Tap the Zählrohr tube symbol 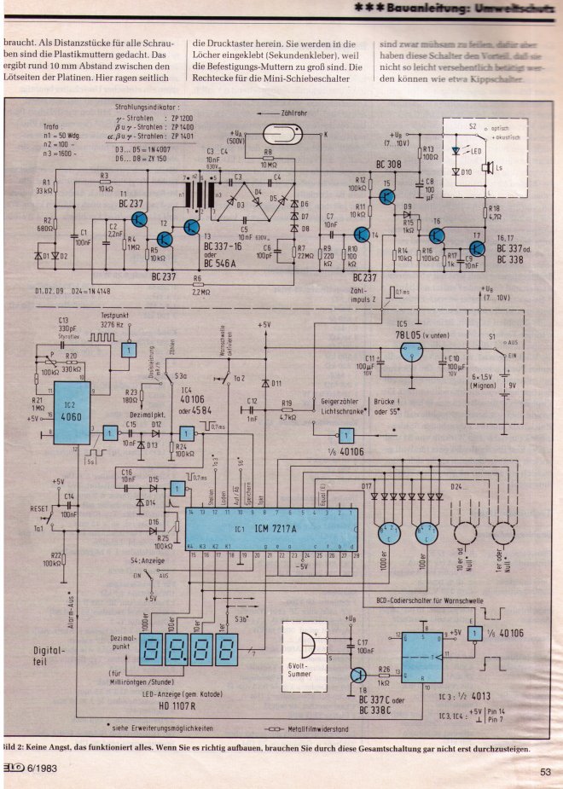click(285, 134)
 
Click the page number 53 click(546, 773)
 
